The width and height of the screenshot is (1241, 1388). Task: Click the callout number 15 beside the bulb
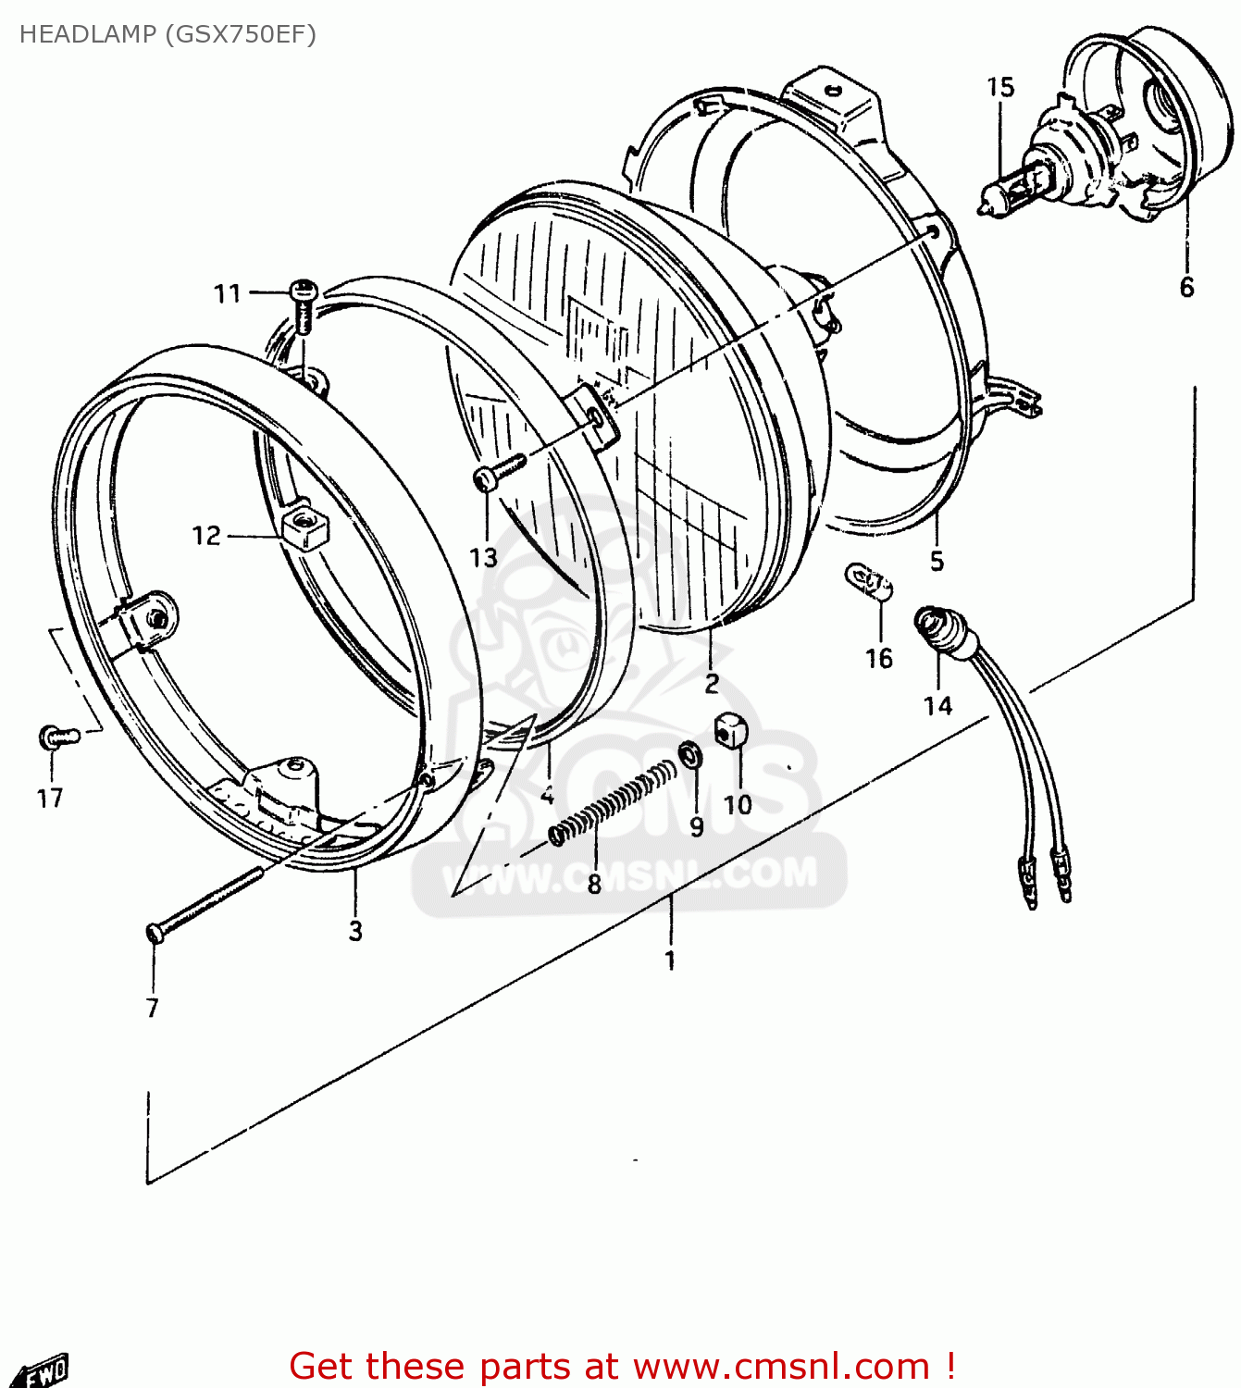pos(1000,87)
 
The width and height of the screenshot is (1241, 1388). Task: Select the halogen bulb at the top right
pos(1013,190)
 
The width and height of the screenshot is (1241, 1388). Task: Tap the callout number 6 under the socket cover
pos(1186,287)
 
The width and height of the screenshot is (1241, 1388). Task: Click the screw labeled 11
pos(304,302)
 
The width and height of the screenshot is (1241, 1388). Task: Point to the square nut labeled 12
pos(303,527)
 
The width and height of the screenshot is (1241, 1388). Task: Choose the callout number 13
pos(484,557)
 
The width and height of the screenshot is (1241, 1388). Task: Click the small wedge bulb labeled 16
pos(869,582)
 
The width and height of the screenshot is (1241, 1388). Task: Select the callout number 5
pos(937,561)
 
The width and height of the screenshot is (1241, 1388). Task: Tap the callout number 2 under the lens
pos(711,684)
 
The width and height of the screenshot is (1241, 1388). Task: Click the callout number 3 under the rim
pos(355,931)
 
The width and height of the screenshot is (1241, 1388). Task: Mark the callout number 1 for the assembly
pos(670,960)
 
